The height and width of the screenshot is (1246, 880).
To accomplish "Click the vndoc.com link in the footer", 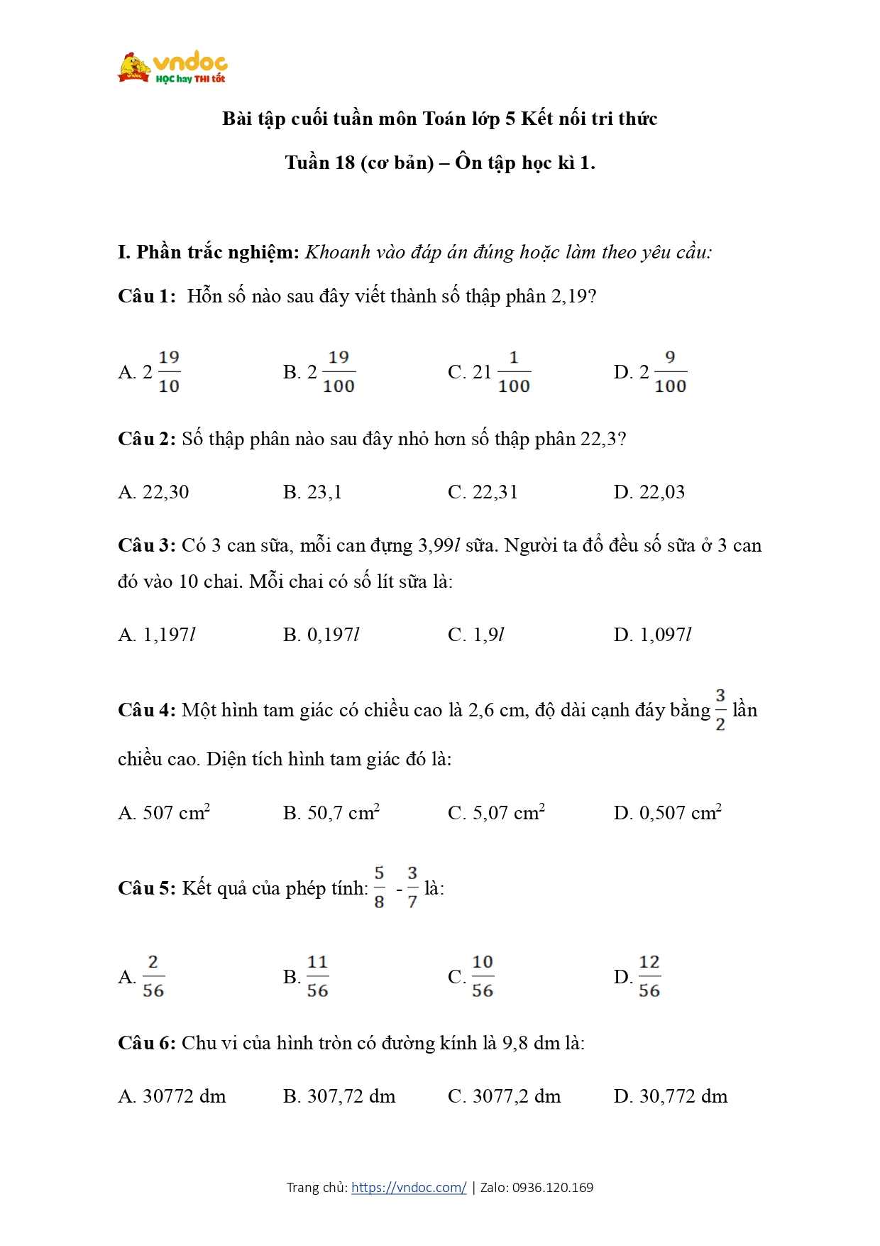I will (x=409, y=1187).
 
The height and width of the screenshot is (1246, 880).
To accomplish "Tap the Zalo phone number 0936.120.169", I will (x=552, y=1187).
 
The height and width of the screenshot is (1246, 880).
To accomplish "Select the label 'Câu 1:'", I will (x=146, y=297).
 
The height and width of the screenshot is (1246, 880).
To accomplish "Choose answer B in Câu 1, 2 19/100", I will (x=319, y=372).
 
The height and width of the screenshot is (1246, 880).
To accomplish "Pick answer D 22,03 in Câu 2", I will (x=649, y=492).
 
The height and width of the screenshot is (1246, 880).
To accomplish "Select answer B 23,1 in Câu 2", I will (x=312, y=492).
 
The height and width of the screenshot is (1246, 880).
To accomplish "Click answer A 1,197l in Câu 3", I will (x=156, y=635).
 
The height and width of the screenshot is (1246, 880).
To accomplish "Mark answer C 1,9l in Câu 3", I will (x=476, y=635).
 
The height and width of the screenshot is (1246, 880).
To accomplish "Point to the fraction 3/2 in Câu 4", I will (x=720, y=709).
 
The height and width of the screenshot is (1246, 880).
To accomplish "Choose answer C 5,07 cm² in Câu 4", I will (x=496, y=812).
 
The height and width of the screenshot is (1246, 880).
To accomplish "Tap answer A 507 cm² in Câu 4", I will (x=164, y=812).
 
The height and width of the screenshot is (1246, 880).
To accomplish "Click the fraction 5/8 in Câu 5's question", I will (x=379, y=887).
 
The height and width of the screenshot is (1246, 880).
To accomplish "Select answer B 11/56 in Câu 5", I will (x=307, y=977).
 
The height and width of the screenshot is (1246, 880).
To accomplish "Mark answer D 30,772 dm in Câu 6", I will (x=671, y=1096).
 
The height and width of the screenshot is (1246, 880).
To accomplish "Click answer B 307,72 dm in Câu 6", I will (x=339, y=1096).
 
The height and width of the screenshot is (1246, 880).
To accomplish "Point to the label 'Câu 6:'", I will (x=146, y=1043).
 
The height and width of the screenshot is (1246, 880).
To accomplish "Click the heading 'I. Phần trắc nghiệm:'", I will (x=209, y=252).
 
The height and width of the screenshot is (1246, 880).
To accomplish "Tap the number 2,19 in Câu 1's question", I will (x=569, y=297).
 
